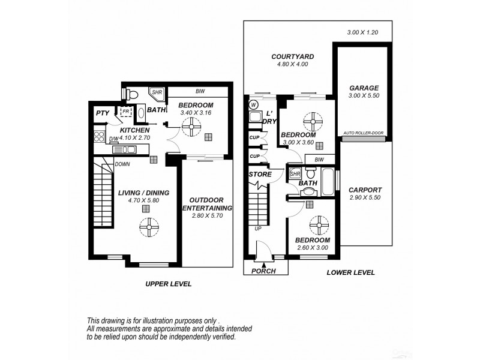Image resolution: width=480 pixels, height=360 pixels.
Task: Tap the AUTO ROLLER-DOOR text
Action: coord(364,133)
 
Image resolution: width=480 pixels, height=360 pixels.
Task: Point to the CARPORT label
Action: coord(364,189)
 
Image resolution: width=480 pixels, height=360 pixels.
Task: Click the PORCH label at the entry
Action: coord(264,271)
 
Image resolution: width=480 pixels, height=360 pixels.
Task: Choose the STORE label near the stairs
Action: coord(259,175)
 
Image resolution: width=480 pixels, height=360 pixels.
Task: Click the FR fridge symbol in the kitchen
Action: coord(127,112)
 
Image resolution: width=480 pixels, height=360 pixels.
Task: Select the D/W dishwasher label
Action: coord(113,140)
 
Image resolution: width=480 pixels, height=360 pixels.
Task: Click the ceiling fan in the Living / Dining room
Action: coord(148,227)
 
